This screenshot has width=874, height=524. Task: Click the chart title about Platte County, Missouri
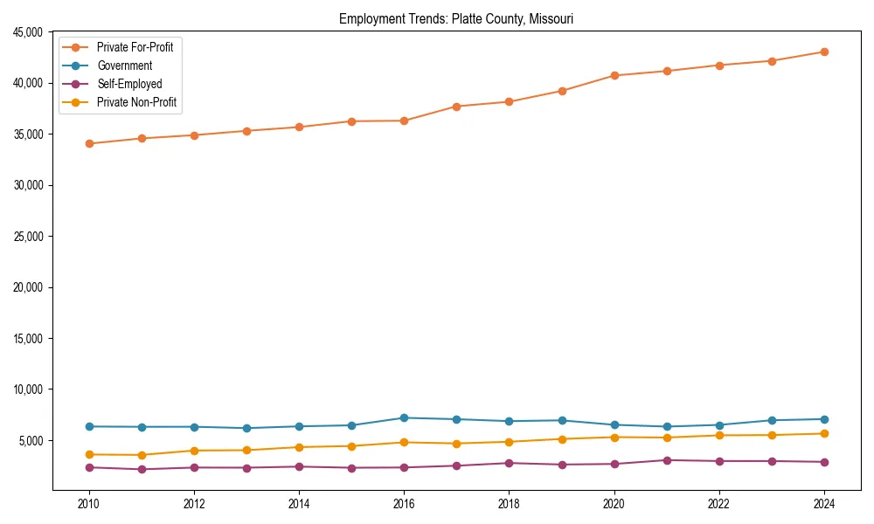click(456, 18)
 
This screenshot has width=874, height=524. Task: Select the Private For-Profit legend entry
click(135, 47)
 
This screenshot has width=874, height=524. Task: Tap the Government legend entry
click(124, 65)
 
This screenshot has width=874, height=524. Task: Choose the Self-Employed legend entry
click(129, 84)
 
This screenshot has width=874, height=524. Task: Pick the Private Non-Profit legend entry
click(136, 102)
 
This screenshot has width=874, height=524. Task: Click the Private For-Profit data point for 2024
click(824, 52)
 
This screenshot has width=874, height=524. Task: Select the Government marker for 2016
click(404, 417)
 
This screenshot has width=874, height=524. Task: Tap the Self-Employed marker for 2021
click(667, 460)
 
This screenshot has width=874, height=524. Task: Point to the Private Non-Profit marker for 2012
click(194, 451)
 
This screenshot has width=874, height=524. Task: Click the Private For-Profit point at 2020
click(614, 75)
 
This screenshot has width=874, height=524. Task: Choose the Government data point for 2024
click(824, 419)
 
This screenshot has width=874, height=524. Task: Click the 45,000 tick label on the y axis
click(26, 32)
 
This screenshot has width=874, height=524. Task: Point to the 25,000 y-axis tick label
click(26, 237)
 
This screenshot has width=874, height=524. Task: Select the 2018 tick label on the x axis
click(509, 503)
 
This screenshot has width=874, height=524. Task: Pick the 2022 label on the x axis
click(719, 503)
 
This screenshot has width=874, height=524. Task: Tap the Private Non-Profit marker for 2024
click(824, 433)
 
